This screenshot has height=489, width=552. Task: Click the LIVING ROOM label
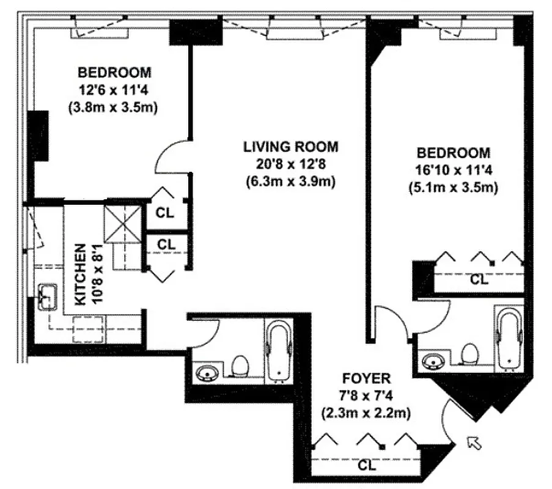coord(290,147)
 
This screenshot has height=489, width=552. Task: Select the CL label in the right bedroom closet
coord(479,280)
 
